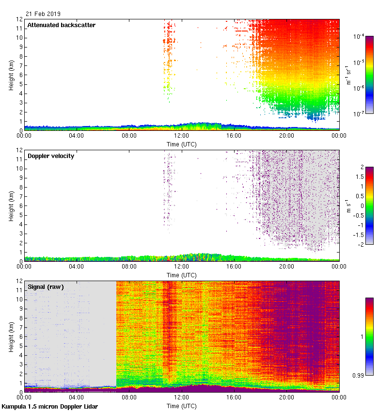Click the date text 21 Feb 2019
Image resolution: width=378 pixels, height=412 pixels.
pos(43,14)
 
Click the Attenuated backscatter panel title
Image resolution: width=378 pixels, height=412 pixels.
pos(61,25)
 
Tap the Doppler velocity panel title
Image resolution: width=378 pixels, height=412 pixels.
pos(50,156)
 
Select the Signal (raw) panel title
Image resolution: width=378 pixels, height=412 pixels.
pos(46,287)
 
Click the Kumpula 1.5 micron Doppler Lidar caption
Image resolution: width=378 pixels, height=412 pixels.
pos(49,407)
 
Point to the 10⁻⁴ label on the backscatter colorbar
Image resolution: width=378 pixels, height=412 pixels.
pos(359,36)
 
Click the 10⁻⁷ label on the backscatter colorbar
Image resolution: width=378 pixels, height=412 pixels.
pos(359,114)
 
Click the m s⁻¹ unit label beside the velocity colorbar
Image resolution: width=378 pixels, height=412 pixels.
pos(348,206)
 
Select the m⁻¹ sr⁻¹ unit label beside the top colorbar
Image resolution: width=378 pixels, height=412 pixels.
pos(348,75)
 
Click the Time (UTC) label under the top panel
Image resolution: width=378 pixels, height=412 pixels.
pos(181,144)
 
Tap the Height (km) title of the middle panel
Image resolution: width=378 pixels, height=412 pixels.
pos(11,206)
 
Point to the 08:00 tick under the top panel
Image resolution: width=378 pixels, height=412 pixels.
pos(129,136)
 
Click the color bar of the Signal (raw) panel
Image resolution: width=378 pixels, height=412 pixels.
pos(369,336)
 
